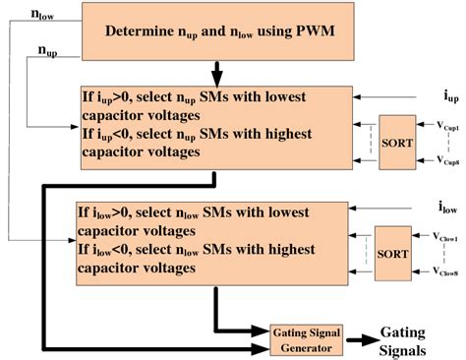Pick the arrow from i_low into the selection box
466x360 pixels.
tap(383, 210)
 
